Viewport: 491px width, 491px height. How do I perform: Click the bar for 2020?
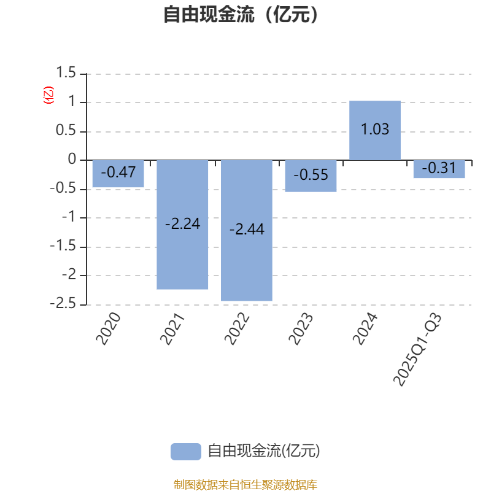(x=118, y=174)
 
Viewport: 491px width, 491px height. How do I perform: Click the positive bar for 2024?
(x=375, y=130)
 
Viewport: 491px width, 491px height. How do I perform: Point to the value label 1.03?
(x=375, y=130)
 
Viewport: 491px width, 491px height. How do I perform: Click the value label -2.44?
(x=247, y=230)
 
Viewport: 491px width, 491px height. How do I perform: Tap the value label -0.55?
(x=311, y=175)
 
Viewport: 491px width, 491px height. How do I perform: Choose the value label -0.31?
(x=439, y=168)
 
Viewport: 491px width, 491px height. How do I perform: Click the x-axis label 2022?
(x=239, y=328)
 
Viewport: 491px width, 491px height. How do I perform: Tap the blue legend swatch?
(x=185, y=452)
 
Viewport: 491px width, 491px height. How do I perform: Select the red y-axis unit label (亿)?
(x=48, y=95)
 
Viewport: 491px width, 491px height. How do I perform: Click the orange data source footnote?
(x=245, y=485)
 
